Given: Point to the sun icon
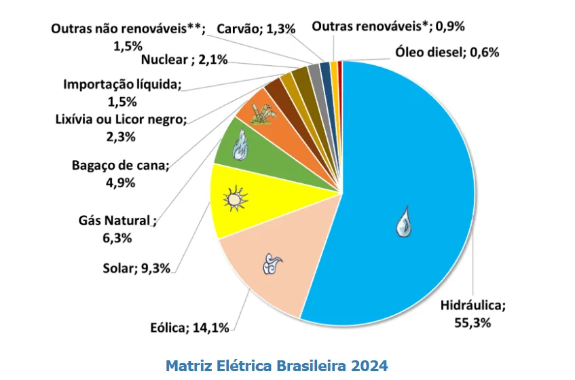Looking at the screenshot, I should tap(234, 200).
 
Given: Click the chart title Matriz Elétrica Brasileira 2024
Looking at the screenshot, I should tap(278, 365).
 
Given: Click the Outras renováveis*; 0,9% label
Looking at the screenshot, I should tap(388, 27).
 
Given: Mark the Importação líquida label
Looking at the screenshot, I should tap(123, 93).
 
